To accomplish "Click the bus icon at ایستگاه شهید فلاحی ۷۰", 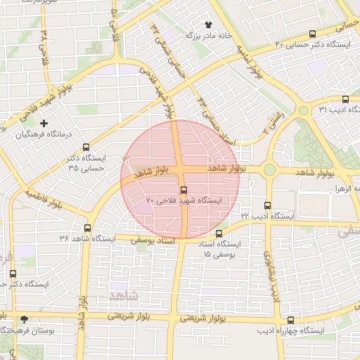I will tap(184, 189).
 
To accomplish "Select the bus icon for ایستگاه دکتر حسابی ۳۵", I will tap(86, 148).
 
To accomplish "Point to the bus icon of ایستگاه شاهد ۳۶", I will tap(88, 228).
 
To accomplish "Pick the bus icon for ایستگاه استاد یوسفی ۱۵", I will tap(219, 233).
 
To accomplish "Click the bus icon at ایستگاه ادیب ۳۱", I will tap(345, 99).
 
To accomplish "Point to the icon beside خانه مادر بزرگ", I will tap(207, 25).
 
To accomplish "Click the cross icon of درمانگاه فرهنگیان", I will tap(44, 124).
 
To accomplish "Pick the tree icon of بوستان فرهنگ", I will tap(25, 319).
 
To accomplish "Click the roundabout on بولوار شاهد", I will tap(269, 169).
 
